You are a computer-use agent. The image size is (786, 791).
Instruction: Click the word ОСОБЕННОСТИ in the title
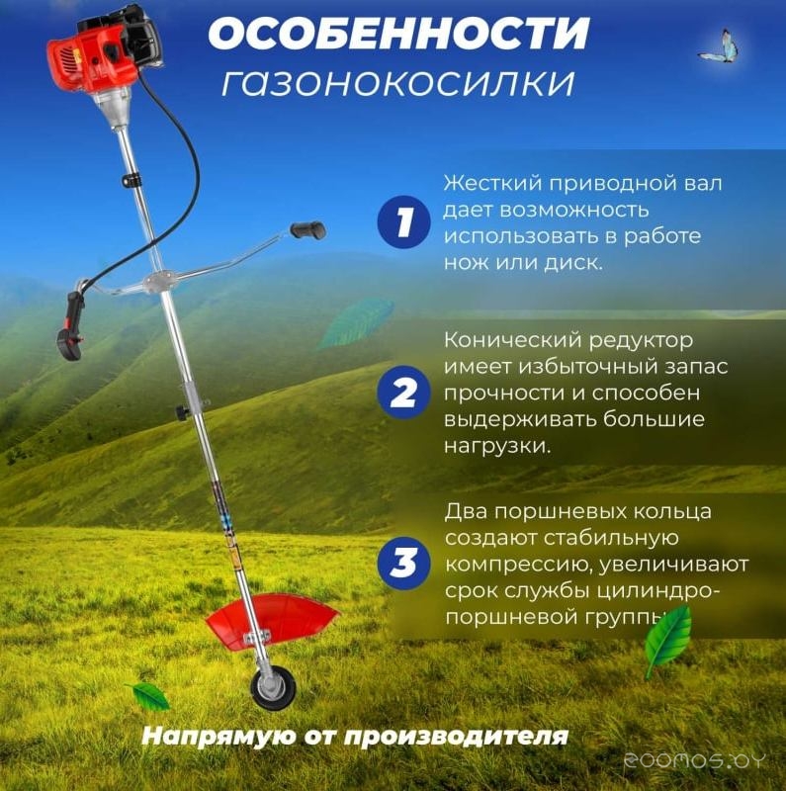pos(398,34)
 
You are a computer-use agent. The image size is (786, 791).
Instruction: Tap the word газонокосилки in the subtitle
pos(398,83)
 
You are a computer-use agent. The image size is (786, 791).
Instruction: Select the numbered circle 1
pos(403,221)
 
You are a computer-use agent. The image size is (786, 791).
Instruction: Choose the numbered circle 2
pos(403,392)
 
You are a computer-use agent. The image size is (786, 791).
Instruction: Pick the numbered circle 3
pos(403,563)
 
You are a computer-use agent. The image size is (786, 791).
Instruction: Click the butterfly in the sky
pos(720,47)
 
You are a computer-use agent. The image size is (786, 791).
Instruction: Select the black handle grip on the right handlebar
pos(307,230)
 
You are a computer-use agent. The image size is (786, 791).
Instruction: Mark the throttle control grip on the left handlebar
pos(71,325)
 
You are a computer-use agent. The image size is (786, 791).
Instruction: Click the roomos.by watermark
pos(695,760)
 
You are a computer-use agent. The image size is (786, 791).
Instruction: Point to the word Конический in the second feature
pos(513,340)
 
